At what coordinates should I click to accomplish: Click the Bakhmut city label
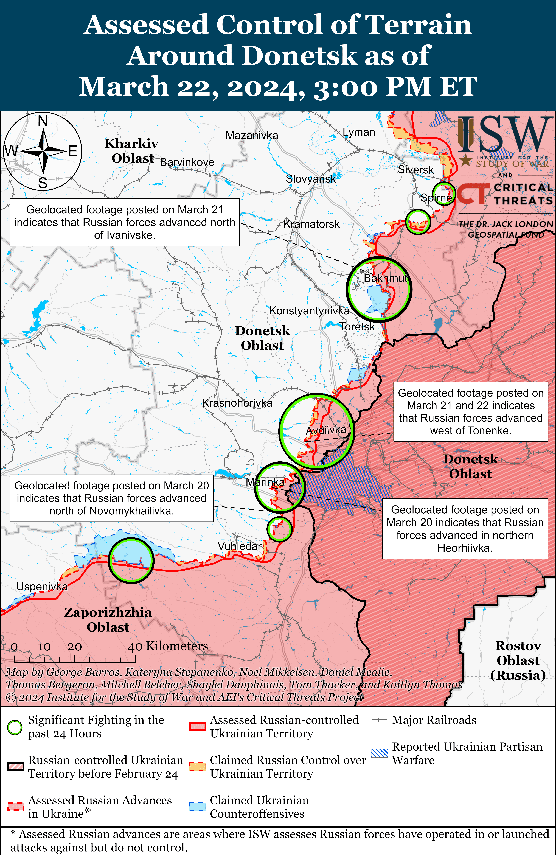tap(385, 278)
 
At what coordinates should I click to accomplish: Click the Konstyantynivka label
tap(309, 311)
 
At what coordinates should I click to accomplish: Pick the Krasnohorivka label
tap(237, 403)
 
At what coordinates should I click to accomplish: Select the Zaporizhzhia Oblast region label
tap(108, 620)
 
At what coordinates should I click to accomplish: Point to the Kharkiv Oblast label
tap(132, 151)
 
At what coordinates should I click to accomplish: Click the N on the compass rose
tap(43, 121)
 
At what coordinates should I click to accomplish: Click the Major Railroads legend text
tap(434, 720)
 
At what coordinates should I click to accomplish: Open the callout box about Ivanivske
tap(125, 222)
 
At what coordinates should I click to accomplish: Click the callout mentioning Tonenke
tap(471, 412)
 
